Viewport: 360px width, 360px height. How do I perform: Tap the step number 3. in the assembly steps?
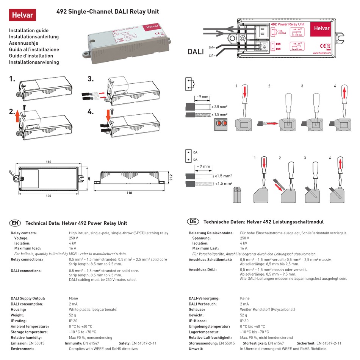coord(90,79)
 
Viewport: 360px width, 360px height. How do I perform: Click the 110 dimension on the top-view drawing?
coord(49,162)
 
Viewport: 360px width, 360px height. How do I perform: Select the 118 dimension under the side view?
coord(130,193)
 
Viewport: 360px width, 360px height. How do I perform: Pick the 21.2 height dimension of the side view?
coord(171,177)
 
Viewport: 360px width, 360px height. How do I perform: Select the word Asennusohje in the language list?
coord(23,43)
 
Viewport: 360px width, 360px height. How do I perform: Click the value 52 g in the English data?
coord(72,315)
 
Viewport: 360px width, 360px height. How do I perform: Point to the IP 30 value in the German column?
coord(245,321)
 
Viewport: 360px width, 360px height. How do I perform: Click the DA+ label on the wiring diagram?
coord(211,47)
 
